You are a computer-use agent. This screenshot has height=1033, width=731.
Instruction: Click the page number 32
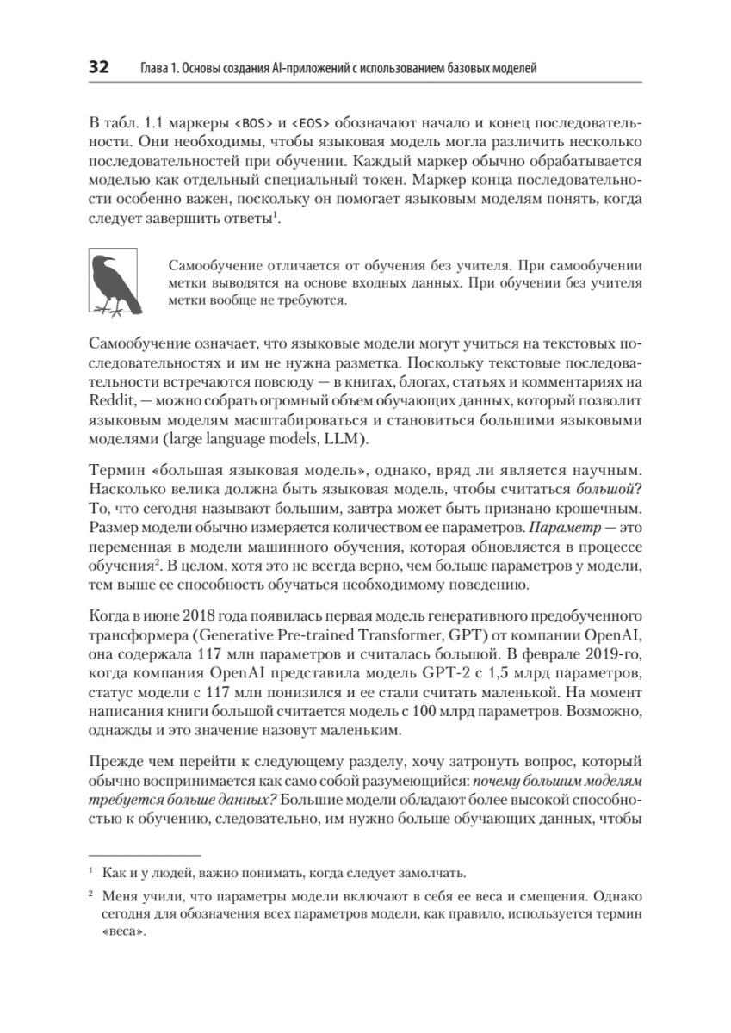tap(98, 67)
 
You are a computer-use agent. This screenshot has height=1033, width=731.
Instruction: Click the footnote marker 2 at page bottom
tap(91, 894)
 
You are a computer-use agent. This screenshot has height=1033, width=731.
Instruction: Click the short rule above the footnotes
tap(145, 855)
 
